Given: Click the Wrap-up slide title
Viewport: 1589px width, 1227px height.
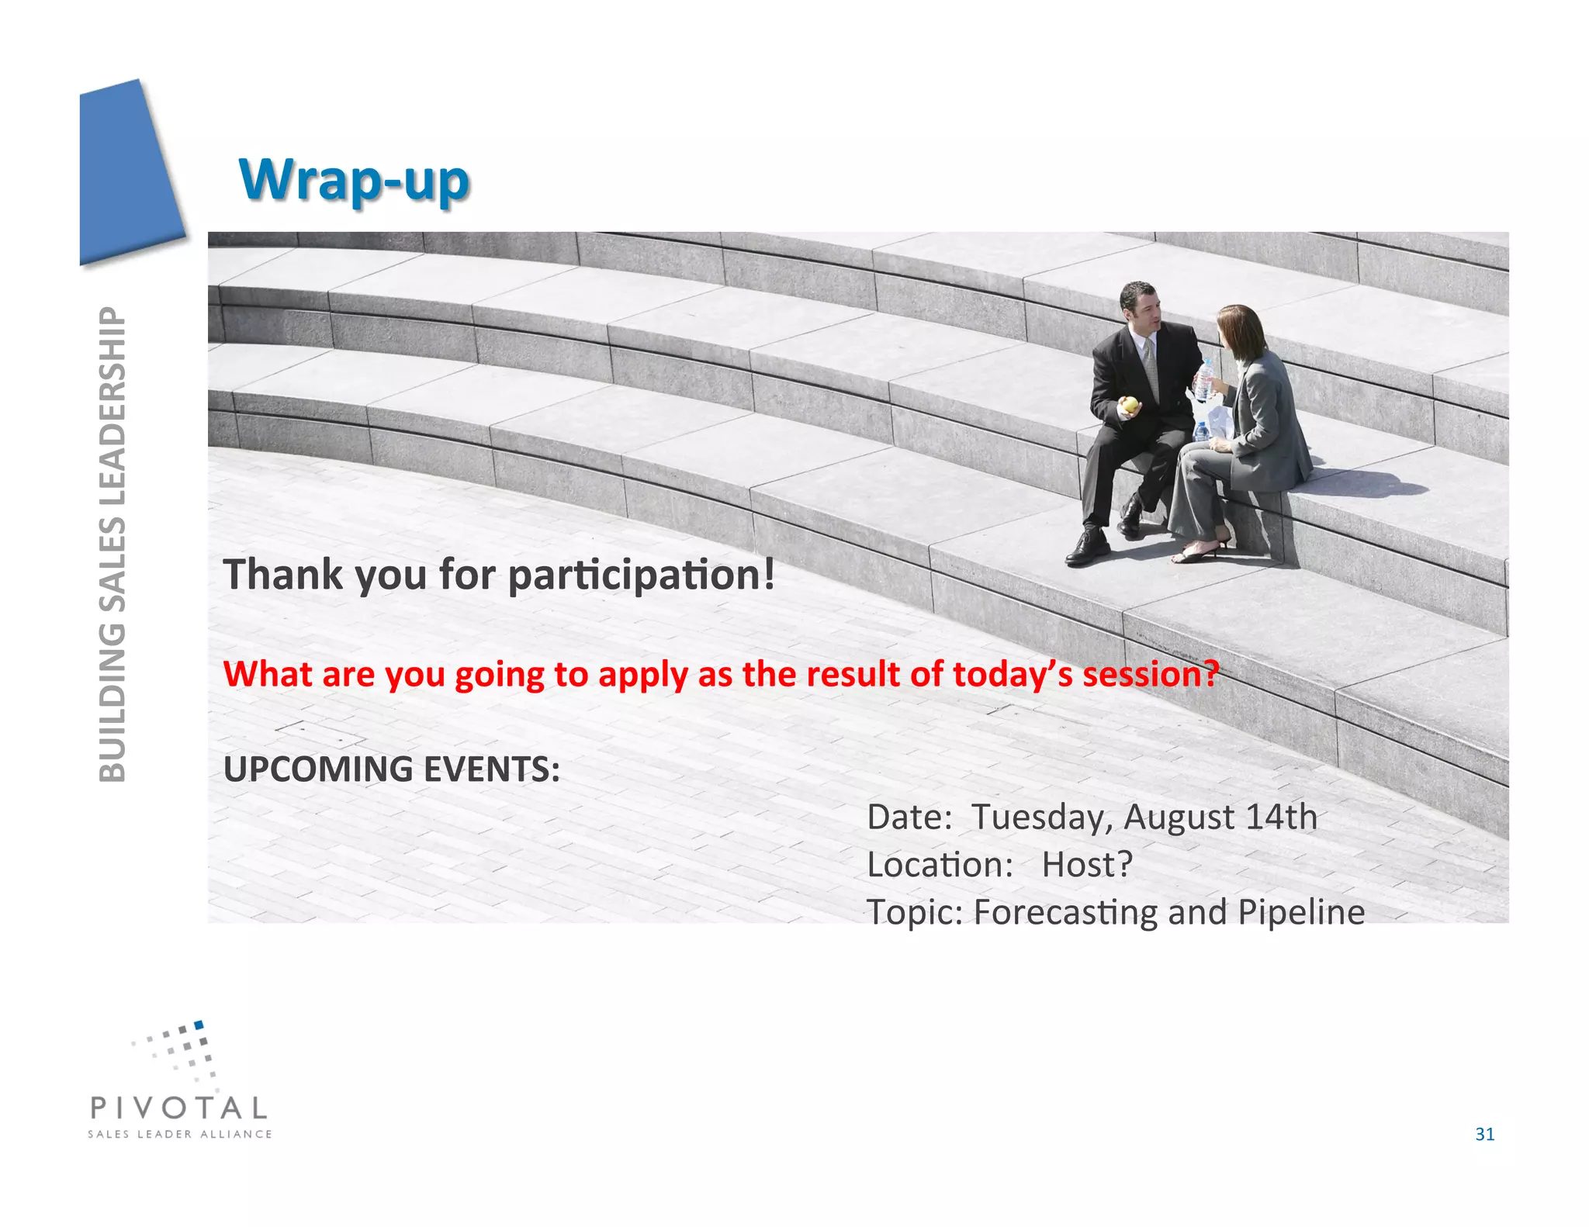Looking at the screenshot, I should point(354,180).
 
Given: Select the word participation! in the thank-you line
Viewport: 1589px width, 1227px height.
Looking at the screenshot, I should point(641,575).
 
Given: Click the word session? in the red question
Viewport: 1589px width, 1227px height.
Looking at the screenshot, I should point(1151,674).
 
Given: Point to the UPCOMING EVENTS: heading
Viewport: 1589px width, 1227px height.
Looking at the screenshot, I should point(391,769).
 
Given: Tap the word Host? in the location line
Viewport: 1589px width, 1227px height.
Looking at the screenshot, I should point(1086,865).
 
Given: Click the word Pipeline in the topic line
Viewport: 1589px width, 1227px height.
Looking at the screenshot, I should point(1301,913).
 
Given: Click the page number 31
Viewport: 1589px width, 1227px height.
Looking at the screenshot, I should point(1484,1134).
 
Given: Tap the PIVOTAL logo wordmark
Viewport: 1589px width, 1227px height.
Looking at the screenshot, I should point(179,1108).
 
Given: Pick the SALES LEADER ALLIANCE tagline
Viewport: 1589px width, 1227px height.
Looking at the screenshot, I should point(179,1134).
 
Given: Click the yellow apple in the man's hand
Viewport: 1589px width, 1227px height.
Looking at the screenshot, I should point(1130,404).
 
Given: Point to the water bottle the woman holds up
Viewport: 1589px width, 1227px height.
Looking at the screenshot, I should point(1204,379).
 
